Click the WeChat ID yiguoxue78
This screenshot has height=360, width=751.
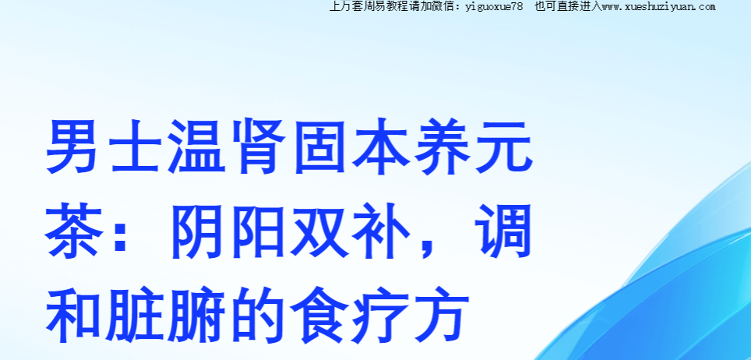click(494, 7)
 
